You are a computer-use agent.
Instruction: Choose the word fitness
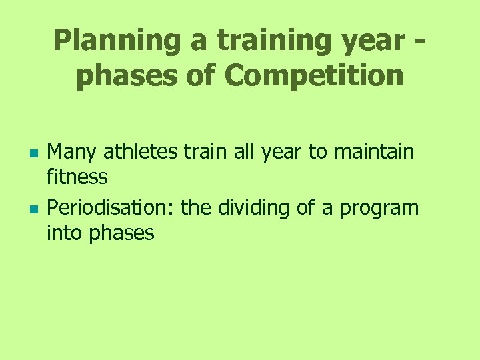pyautogui.click(x=77, y=177)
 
